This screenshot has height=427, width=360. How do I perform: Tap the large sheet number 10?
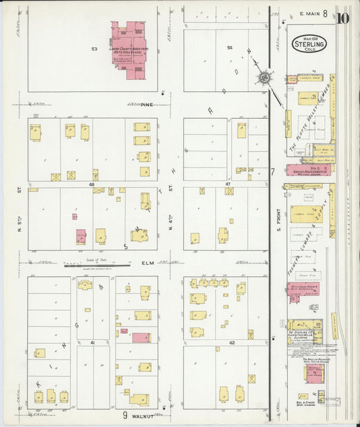click(x=342, y=17)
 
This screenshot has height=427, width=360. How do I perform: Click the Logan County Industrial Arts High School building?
click(x=129, y=46)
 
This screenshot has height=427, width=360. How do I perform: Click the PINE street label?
click(x=147, y=104)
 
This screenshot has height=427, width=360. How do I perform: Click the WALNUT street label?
click(x=148, y=414)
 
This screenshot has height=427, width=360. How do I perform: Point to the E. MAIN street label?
click(x=309, y=13)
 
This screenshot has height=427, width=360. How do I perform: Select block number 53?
click(x=95, y=49)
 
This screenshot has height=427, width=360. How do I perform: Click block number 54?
click(x=230, y=47)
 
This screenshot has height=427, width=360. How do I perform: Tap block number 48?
click(x=91, y=183)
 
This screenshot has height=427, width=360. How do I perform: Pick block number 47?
click(x=228, y=183)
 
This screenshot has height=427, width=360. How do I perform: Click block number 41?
click(x=91, y=343)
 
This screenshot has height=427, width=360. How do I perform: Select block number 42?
click(x=230, y=343)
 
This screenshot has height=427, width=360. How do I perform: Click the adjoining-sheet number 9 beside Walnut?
click(x=125, y=415)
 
